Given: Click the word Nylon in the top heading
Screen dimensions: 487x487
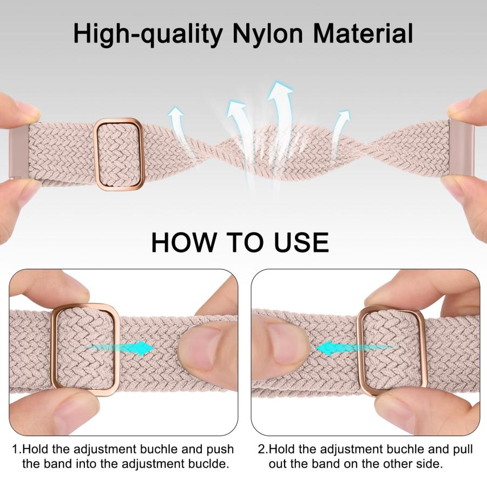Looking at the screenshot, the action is point(268,34).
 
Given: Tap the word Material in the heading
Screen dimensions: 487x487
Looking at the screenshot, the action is point(363,33).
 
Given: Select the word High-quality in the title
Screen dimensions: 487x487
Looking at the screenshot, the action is point(148,34).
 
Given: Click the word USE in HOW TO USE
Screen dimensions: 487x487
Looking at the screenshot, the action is point(301,242).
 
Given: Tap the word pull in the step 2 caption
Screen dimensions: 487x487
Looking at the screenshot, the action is point(463,450).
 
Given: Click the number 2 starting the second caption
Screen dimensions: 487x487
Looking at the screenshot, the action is point(261,450).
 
